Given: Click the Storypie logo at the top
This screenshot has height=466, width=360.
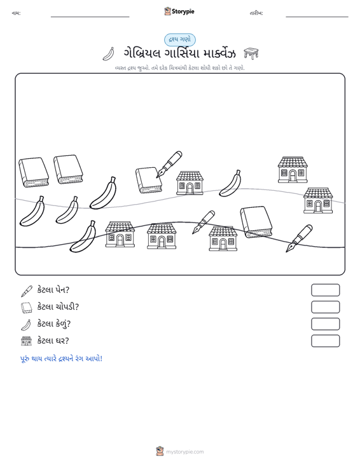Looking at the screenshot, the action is point(179,11).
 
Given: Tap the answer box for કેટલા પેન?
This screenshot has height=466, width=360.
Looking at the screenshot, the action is point(325,290).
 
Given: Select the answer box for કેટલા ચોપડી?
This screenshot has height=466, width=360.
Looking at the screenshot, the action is point(325,307).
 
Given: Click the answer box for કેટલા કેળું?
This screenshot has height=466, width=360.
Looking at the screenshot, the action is point(325,324).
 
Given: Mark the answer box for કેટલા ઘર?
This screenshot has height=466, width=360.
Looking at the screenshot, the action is point(325,341).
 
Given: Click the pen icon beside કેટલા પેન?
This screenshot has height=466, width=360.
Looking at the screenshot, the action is point(27,291).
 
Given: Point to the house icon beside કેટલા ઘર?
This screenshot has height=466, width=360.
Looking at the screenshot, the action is point(27,341).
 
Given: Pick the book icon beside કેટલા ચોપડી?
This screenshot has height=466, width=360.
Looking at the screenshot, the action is point(27,308).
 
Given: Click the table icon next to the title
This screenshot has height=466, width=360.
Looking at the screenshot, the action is point(251,53).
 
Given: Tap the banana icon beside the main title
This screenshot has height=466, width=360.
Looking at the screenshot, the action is point(109,54).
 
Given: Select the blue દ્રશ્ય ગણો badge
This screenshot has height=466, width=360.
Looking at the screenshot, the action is point(179,40).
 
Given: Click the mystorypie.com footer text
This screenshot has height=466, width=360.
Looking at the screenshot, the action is point(184,452).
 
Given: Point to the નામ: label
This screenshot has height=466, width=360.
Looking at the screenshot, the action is point(16,13).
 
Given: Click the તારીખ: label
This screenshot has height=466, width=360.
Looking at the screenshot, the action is point(256,13).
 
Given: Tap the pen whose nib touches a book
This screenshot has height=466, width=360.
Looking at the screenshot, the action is point(169,165).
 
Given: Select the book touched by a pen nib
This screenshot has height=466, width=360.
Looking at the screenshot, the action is point(149,180).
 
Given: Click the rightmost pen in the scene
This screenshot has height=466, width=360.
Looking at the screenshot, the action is point(299,238).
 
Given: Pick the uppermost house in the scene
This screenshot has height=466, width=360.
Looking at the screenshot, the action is point(293,170).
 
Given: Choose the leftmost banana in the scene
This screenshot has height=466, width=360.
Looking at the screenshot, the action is point(32,211).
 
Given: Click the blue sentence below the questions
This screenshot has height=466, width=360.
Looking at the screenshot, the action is point(61,359).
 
